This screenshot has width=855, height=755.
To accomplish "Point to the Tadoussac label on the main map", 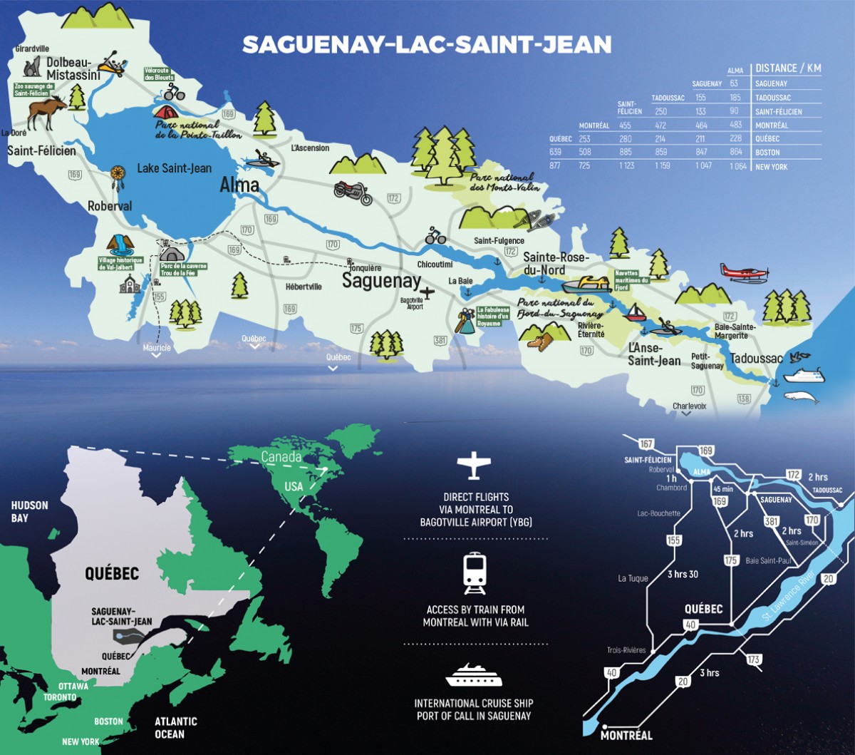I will point(757,359).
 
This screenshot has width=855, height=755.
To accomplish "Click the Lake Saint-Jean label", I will point(174,168).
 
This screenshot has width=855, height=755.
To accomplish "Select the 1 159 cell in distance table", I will point(665,166).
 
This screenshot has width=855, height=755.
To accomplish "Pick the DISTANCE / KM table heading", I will point(788,68).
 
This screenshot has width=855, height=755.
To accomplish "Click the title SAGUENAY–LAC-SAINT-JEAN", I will point(427,45).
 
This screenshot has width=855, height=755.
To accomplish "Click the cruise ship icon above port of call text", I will point(474,674).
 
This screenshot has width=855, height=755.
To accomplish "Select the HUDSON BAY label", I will point(29,511).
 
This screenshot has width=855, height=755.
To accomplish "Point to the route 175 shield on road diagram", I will point(730,561).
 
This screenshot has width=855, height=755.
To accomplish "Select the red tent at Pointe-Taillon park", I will point(165,112).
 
